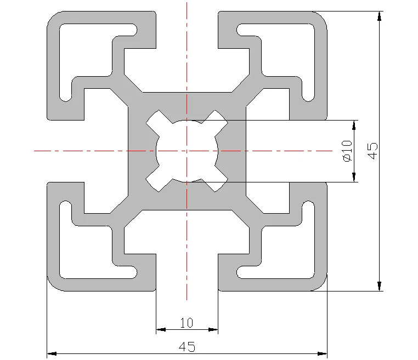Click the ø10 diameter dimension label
click(346, 151)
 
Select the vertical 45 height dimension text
click(372, 151)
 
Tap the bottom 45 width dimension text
click(187, 347)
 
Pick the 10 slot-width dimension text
click(187, 323)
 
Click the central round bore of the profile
click(187, 150)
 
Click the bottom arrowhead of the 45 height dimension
click(379, 285)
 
